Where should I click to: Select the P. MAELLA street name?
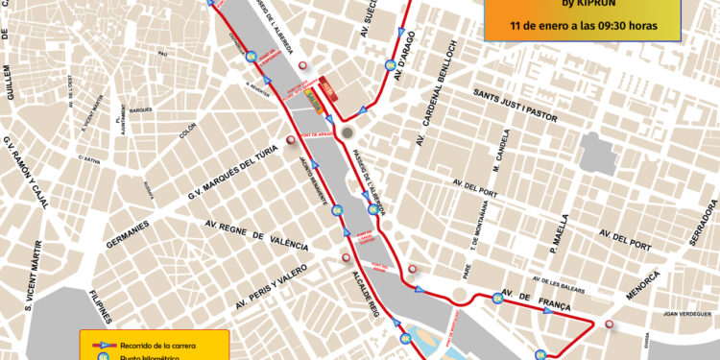click(560, 234)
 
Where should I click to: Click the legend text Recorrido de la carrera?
click(158, 343)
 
